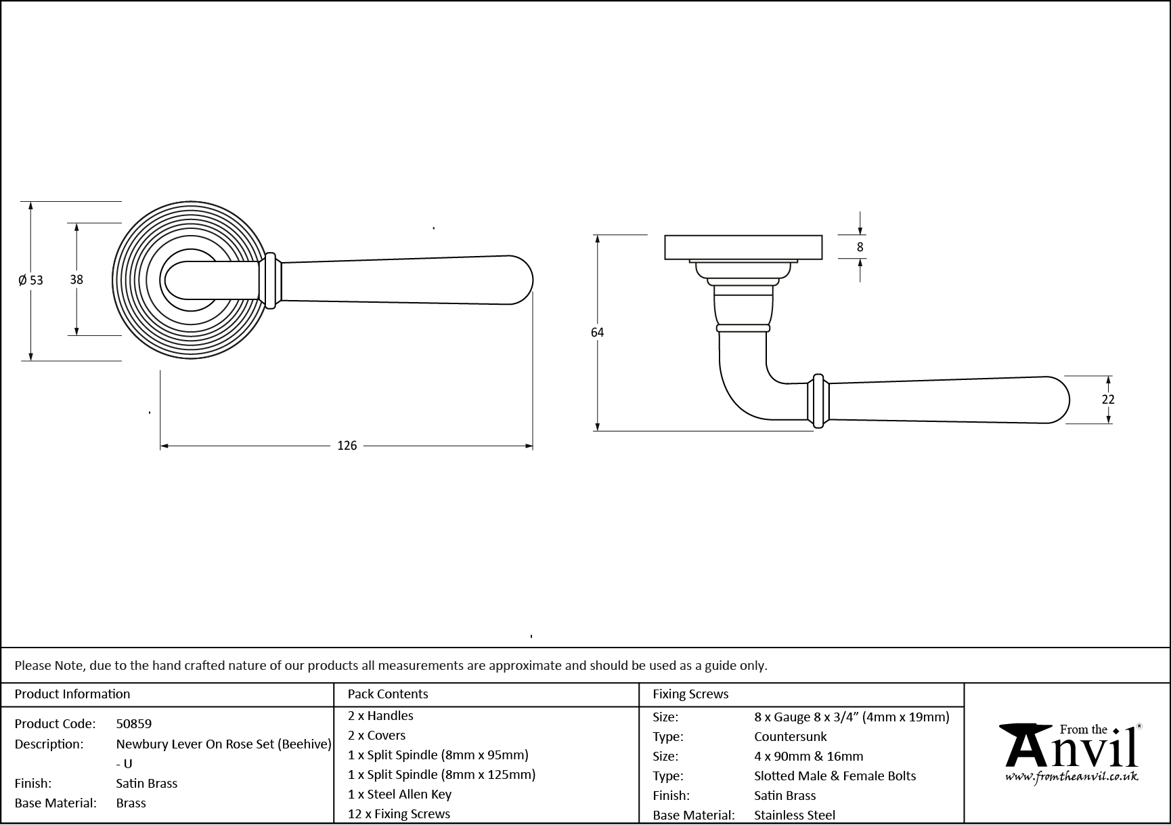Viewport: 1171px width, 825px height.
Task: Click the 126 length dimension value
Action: pos(347,446)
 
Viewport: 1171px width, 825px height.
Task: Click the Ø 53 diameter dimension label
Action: pos(30,280)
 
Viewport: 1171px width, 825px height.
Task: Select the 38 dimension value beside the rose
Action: pos(76,278)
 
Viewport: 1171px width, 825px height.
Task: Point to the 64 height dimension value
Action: pos(597,332)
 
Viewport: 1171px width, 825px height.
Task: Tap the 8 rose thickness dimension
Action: pos(860,247)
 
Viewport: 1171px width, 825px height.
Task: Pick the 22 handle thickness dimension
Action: pos(1107,400)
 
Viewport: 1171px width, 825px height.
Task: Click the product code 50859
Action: pos(134,723)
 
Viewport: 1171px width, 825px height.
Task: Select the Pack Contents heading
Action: pos(388,694)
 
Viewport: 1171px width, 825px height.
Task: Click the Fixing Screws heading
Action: pos(690,694)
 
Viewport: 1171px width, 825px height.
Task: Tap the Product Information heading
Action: pos(72,694)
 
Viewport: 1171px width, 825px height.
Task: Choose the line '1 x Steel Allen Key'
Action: pos(399,794)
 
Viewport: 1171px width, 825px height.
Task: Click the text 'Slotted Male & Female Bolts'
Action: pos(835,776)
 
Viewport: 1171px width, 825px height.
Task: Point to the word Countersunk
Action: pos(790,736)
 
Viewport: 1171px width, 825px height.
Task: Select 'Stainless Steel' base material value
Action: pos(794,815)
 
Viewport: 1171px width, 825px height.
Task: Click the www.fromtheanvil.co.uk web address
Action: pos(1071,777)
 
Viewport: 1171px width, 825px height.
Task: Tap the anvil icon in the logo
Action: pos(1025,746)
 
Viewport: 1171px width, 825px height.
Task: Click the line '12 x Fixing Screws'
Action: pos(399,813)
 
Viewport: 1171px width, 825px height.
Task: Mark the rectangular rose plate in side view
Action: pos(743,247)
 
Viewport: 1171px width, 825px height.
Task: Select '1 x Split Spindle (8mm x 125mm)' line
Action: pos(441,774)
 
